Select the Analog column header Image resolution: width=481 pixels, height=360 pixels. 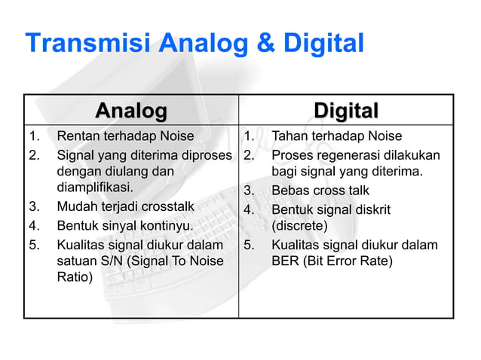(x=131, y=111)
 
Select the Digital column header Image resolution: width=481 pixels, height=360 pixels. (x=346, y=111)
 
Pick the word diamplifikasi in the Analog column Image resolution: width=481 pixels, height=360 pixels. (x=94, y=188)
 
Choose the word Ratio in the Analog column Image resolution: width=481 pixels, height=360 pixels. (x=72, y=278)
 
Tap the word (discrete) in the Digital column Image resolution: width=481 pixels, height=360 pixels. (x=299, y=225)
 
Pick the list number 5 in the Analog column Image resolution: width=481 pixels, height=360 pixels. (x=32, y=244)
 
